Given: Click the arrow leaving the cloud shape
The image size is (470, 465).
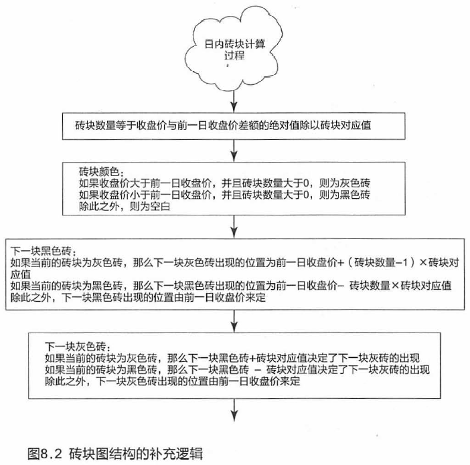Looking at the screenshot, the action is (x=234, y=101).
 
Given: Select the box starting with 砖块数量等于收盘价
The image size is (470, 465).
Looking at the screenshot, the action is (x=234, y=126).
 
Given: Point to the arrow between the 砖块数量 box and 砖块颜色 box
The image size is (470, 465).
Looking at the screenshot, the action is (x=234, y=151).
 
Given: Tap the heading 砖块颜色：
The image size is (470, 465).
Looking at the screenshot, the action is (x=101, y=172).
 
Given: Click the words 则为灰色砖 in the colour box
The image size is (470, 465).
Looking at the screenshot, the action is (x=344, y=183).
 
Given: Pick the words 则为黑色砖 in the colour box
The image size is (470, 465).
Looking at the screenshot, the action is (x=344, y=195).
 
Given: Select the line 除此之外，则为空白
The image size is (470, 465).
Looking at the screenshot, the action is (x=125, y=207).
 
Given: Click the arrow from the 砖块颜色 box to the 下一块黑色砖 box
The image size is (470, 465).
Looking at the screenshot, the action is (x=234, y=227).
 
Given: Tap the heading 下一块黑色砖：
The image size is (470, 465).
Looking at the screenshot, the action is (x=44, y=251).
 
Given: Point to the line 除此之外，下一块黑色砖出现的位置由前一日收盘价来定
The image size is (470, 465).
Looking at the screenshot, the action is (x=138, y=298).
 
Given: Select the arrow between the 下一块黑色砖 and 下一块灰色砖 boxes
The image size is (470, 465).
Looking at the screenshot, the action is (x=234, y=321).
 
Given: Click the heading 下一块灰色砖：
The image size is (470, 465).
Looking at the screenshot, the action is (x=78, y=347).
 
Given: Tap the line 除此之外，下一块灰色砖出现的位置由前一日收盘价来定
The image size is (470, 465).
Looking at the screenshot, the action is (x=172, y=381).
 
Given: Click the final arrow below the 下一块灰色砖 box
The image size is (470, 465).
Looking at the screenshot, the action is (x=234, y=410).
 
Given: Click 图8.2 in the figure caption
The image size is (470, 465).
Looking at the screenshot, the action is (x=45, y=454).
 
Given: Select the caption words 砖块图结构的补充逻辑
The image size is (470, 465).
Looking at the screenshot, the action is (x=136, y=454).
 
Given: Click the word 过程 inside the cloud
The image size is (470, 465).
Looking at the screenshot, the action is (x=234, y=56).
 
